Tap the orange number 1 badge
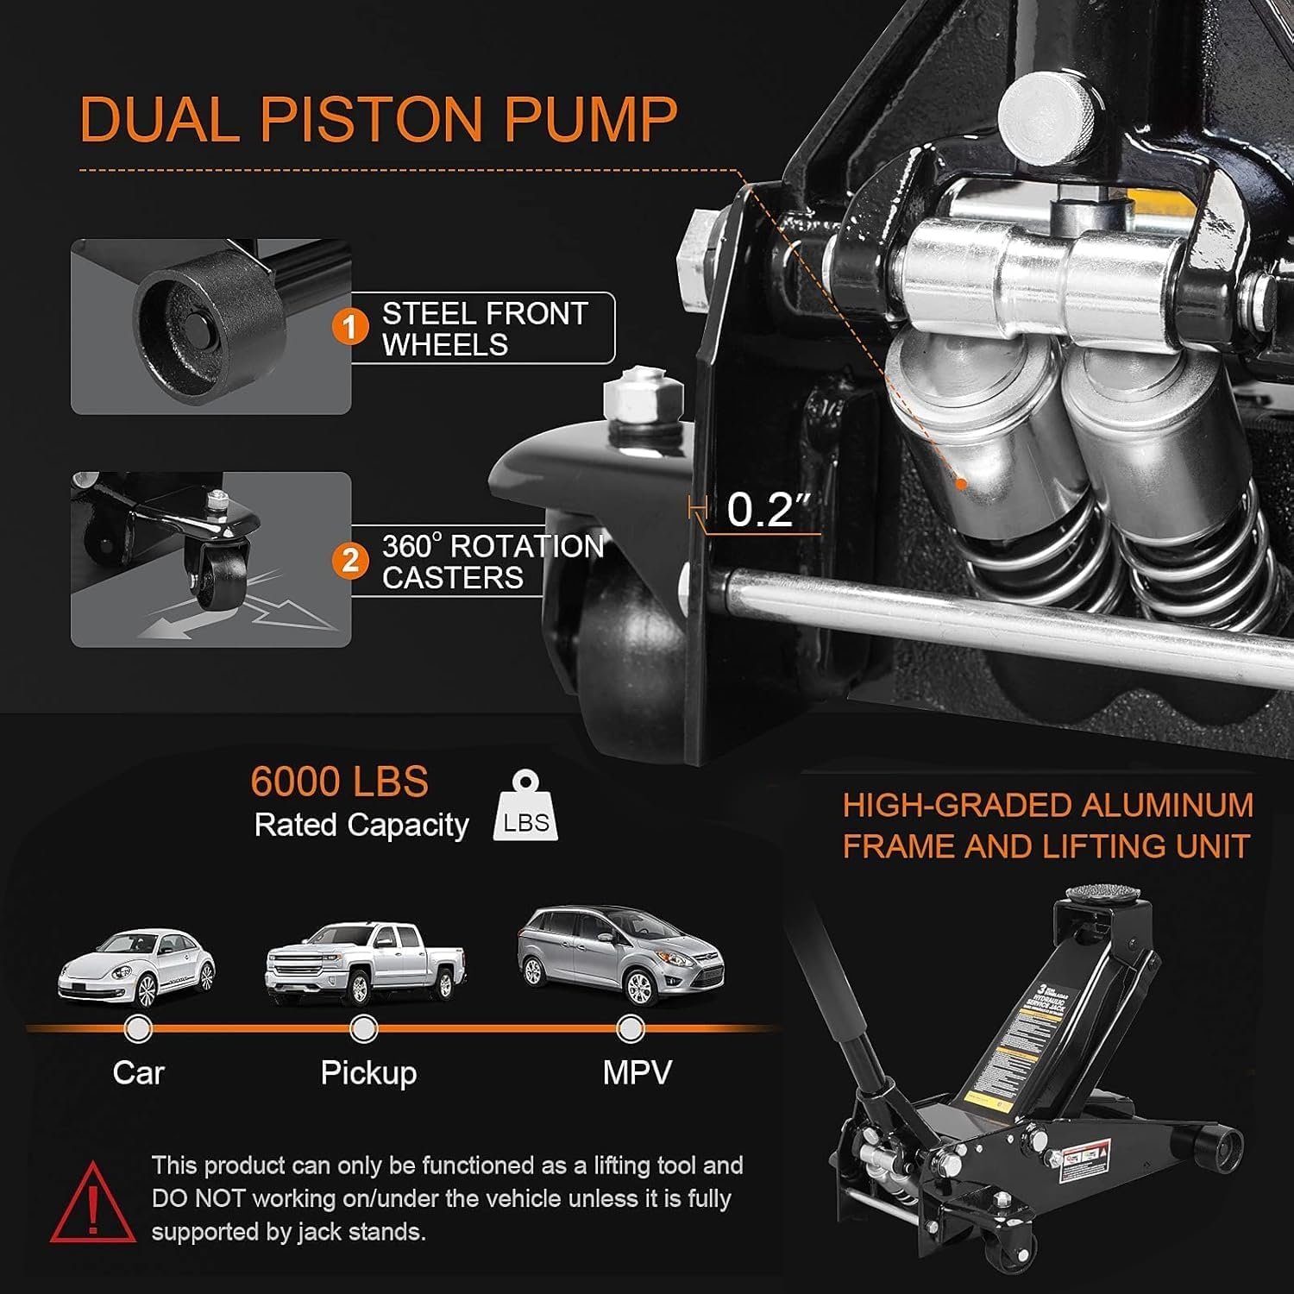350,328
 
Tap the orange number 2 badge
350,561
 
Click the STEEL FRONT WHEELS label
484,329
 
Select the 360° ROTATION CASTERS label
492,562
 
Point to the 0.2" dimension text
759,509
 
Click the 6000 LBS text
339,782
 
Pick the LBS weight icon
525,807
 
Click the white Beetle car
135,968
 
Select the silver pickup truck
365,963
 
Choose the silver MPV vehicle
619,954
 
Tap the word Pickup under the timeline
368,1072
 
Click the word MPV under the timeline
637,1072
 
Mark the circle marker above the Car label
137,1028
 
